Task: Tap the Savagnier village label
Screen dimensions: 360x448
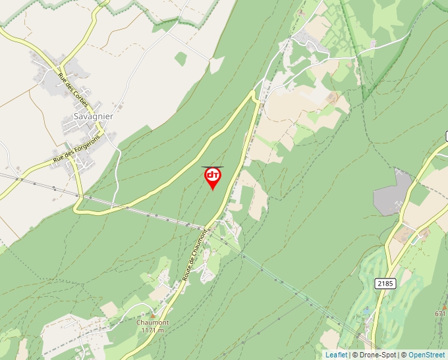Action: click(x=94, y=116)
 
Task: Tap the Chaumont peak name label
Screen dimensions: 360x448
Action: click(x=152, y=322)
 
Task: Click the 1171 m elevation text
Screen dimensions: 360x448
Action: click(x=152, y=330)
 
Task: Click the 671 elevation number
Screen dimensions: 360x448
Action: click(x=441, y=314)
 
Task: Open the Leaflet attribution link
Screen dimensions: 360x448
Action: click(x=336, y=355)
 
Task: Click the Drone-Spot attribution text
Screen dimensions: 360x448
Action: click(x=374, y=355)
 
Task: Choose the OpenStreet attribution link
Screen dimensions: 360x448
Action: click(x=426, y=355)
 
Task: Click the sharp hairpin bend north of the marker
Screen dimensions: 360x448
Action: click(x=254, y=94)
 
